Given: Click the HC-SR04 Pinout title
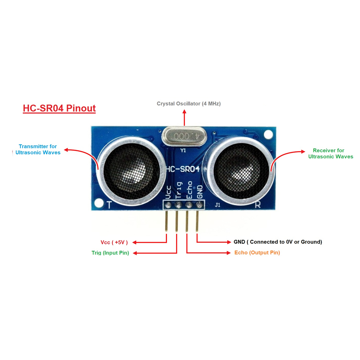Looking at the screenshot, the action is coord(59,108).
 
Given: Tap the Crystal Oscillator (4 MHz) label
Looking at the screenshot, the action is coord(189,104).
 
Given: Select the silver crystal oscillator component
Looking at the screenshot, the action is coord(184,136).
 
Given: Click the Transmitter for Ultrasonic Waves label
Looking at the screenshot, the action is coord(38,149).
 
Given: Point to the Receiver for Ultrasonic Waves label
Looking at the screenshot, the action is coord(330,154).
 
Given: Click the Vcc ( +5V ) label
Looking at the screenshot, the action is coord(114,242).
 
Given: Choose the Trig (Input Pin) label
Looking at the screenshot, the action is coord(110,253).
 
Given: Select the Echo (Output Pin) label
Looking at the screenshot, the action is coord(257,253).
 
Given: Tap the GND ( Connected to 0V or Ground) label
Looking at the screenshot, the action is coord(278,242).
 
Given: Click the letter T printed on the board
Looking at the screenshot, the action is coord(109,204).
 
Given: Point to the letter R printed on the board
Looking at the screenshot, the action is coord(258,204).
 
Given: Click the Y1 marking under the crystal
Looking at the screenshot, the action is coord(183,150).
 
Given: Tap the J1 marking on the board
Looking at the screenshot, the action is coord(217,205).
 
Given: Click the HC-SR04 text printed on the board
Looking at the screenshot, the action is coord(183,169).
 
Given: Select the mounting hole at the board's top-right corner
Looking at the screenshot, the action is coord(268,135).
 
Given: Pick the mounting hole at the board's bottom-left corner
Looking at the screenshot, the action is coord(99,203).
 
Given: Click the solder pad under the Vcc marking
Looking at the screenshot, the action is coord(168,204).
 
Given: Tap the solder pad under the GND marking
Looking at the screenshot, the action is coord(199,204).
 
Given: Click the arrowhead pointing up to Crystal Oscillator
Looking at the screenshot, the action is coord(184,112).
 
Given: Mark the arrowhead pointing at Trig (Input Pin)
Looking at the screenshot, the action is coord(135,253).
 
